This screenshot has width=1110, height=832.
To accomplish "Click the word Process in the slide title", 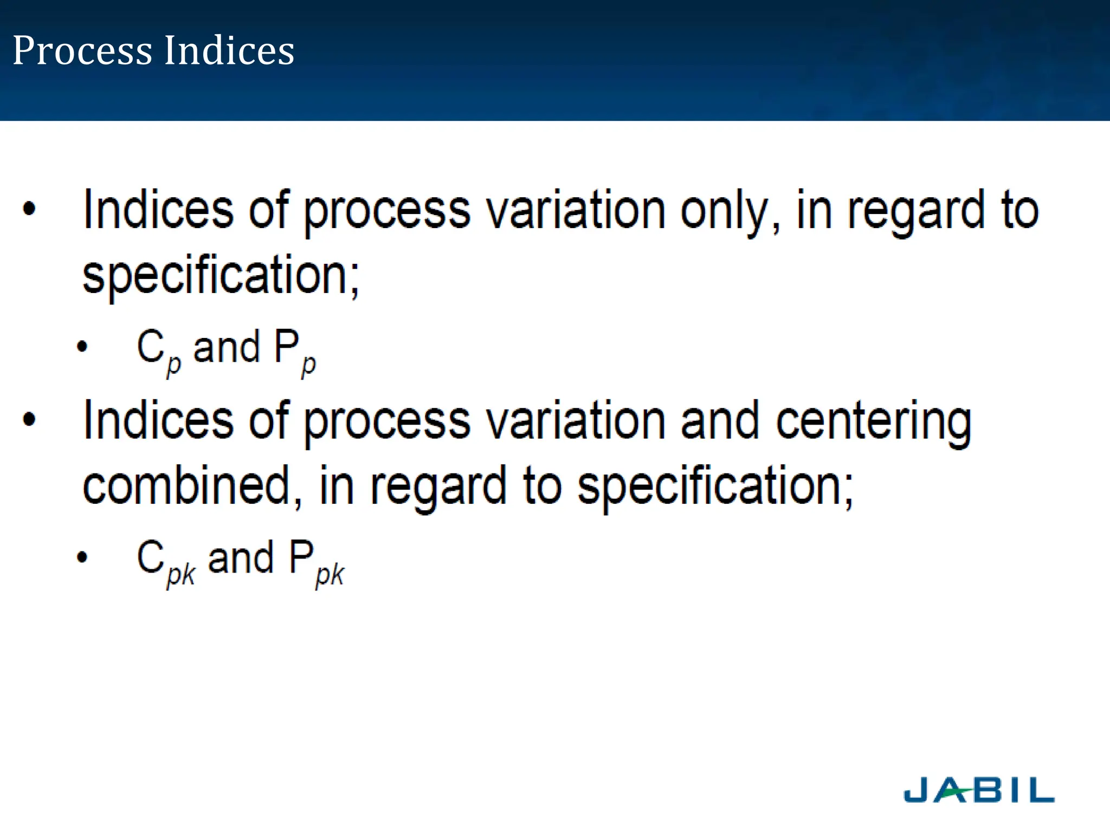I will point(82,50).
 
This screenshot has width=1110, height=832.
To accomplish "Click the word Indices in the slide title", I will point(229,50).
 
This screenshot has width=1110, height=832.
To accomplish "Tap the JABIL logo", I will point(979,790).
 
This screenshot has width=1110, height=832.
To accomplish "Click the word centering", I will point(874,422).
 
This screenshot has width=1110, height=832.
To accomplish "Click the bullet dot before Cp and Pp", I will point(82,347).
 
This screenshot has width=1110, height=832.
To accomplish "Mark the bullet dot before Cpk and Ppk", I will point(82,557).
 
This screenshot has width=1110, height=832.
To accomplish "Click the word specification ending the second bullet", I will point(714,486).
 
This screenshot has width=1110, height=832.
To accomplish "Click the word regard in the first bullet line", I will point(916,212).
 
